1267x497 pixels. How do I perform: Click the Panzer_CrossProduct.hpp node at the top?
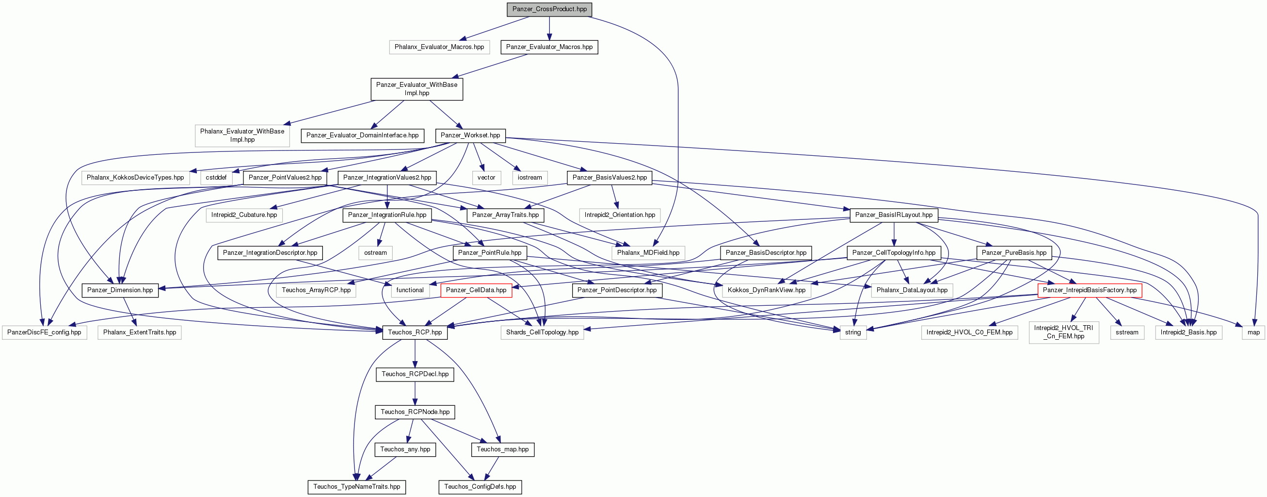coord(549,9)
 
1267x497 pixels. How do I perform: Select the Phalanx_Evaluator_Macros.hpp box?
coord(439,47)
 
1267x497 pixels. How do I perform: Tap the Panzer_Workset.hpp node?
coord(470,135)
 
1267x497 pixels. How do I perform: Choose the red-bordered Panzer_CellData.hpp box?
coord(476,290)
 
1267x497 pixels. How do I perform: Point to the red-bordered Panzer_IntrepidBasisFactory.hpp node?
coord(1090,290)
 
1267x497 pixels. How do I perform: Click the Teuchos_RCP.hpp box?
coord(415,332)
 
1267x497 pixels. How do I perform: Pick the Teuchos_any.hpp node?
coord(405,449)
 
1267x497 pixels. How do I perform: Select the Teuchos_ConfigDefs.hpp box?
coord(480,487)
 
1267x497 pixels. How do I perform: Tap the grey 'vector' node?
coord(486,178)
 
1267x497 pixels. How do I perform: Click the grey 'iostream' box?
coord(529,178)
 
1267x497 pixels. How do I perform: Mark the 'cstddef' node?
coord(216,178)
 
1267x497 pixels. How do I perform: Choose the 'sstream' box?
coord(1127,332)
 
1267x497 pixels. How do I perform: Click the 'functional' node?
coord(410,290)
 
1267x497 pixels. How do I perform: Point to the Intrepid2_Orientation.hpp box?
coord(620,215)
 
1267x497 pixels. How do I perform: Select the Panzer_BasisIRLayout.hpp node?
coord(894,215)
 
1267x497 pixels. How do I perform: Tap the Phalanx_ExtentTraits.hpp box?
coord(140,332)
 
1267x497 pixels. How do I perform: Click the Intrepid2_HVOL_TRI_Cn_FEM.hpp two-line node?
coord(1064,332)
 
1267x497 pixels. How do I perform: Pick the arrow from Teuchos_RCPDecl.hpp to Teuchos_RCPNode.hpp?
coord(415,393)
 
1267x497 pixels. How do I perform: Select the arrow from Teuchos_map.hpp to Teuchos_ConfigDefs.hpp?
coord(491,468)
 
